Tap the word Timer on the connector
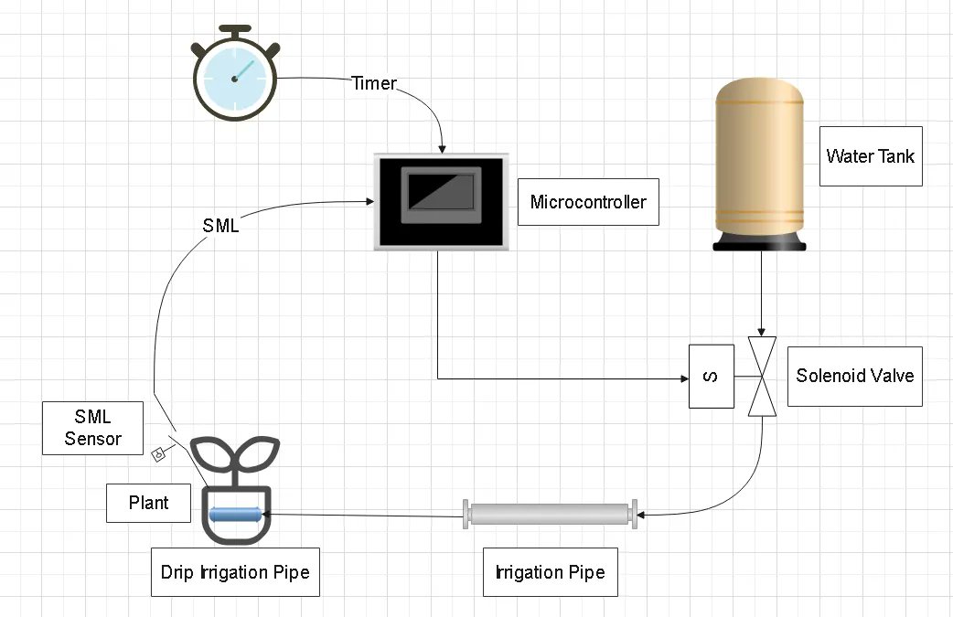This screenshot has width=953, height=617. point(374,83)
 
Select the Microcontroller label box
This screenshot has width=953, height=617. point(587,202)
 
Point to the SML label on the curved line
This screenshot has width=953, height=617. point(220,226)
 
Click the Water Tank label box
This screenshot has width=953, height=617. point(870,155)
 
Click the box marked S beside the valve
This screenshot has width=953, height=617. point(711,376)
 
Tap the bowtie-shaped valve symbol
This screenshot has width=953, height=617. point(761,376)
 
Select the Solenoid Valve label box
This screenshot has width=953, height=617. point(854,376)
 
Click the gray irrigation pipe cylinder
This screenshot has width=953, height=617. point(551,515)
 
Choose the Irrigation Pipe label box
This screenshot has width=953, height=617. point(550,573)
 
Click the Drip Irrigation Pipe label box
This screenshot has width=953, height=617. point(235,573)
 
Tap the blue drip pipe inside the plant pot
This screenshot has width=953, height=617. point(236,515)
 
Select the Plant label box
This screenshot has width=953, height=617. point(148,504)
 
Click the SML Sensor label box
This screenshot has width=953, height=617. point(93,428)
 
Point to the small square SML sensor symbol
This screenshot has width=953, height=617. point(158,452)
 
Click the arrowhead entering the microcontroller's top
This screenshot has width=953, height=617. point(443,148)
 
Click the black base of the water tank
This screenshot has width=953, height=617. point(761,241)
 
